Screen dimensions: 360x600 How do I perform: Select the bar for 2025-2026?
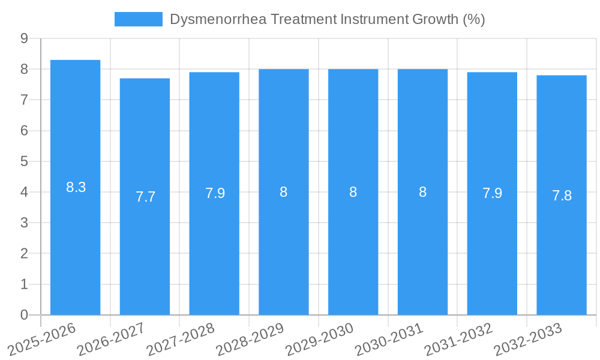pyautogui.click(x=75, y=240)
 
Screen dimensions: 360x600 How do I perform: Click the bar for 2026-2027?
pyautogui.click(x=145, y=252)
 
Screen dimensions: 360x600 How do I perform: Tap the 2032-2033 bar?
pyautogui.click(x=562, y=252)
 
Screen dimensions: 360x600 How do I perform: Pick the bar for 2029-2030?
pyautogui.click(x=353, y=252)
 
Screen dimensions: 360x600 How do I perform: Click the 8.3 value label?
pyautogui.click(x=76, y=187)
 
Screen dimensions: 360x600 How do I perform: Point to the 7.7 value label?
pyautogui.click(x=145, y=197)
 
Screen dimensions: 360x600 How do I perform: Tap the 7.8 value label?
pyautogui.click(x=562, y=196)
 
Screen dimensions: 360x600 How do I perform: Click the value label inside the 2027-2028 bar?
pyautogui.click(x=215, y=193)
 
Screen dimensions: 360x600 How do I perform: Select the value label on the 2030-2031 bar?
pyautogui.click(x=422, y=192)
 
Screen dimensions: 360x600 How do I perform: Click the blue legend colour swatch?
pyautogui.click(x=139, y=19)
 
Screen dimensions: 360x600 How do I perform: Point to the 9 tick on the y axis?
pyautogui.click(x=24, y=38)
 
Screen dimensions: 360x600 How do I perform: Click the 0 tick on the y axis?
pyautogui.click(x=24, y=315)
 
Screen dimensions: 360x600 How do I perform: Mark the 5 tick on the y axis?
pyautogui.click(x=24, y=161)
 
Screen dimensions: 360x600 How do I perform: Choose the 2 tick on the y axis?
pyautogui.click(x=24, y=254)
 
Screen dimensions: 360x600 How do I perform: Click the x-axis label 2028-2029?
pyautogui.click(x=250, y=338)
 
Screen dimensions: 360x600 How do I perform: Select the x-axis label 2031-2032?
pyautogui.click(x=458, y=338)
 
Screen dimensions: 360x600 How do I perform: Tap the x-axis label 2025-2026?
pyautogui.click(x=42, y=338)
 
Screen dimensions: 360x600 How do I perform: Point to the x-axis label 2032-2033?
pyautogui.click(x=528, y=338)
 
